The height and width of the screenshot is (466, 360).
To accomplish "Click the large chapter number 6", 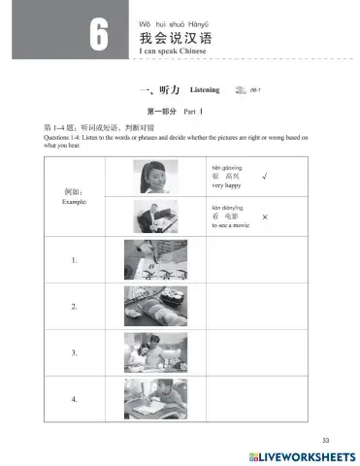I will pyautogui.click(x=100, y=37).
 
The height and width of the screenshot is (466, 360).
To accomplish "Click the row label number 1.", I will pyautogui.click(x=74, y=261).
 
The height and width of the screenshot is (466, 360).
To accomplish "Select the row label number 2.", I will pyautogui.click(x=74, y=308).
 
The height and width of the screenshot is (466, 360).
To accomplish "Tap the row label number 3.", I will pyautogui.click(x=74, y=353).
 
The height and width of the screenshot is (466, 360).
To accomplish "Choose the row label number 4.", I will pyautogui.click(x=74, y=399).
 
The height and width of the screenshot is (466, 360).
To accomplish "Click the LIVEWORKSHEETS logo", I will pyautogui.click(x=304, y=455).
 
